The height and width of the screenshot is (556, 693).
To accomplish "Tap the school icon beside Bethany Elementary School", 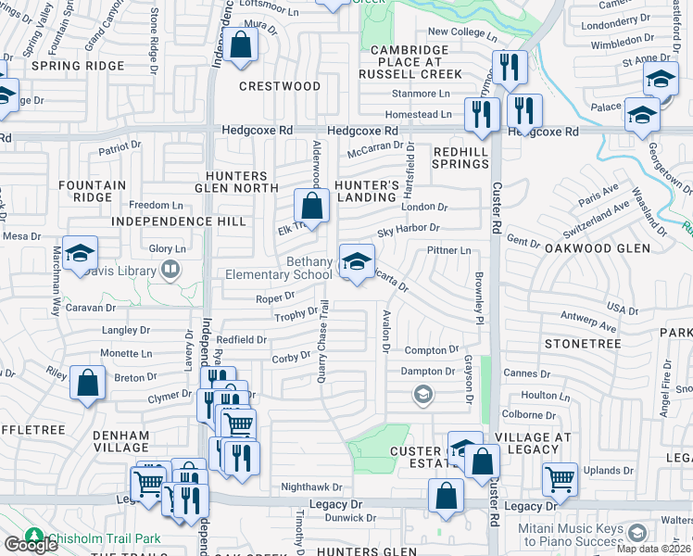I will (357, 262).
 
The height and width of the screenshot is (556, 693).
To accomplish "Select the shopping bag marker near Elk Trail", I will (312, 207).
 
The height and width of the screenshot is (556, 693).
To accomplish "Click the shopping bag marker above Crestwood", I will (241, 44).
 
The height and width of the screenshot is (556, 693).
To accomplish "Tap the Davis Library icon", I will (169, 270).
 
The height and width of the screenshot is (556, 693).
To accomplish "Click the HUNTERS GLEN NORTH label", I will (236, 183).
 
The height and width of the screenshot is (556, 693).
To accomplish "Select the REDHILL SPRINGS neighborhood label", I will (460, 157).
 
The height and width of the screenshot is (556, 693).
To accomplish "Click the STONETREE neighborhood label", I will (582, 343).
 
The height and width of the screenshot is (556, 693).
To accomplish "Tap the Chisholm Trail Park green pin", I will (34, 537).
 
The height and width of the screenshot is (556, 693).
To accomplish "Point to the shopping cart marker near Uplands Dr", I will (560, 479).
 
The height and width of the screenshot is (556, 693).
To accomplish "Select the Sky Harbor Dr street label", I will (408, 228).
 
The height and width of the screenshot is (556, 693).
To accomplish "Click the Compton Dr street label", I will (432, 349).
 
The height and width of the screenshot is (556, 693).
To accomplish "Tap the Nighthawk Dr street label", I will (312, 486).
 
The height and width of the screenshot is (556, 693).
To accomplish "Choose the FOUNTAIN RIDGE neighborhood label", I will (92, 191).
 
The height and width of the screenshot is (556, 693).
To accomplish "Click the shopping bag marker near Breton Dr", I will (87, 383).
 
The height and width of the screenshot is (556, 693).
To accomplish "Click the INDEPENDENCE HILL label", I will (179, 221).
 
